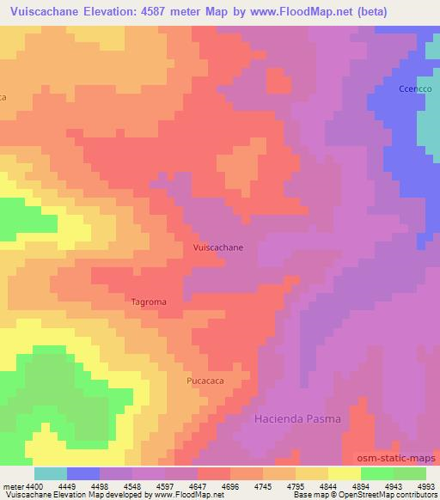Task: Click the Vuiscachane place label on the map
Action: pos(218,247)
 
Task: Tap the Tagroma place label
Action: pos(149,302)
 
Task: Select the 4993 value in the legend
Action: pos(425,486)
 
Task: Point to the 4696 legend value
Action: pos(229,486)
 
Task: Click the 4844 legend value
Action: pos(327,486)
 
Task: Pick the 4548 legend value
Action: pos(132,486)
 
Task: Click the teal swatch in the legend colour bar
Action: pos(51,473)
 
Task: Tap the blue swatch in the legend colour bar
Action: pos(83,473)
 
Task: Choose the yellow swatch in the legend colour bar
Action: pos(344,473)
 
